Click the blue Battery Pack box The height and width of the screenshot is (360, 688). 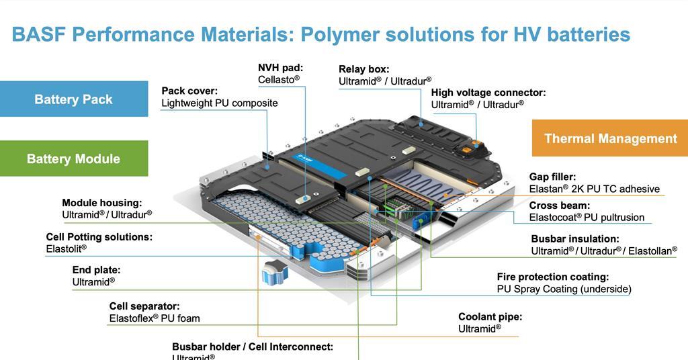74,99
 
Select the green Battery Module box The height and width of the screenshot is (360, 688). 74,159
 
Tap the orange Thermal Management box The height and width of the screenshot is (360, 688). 610,138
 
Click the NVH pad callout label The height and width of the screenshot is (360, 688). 280,68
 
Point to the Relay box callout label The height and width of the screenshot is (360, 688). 363,69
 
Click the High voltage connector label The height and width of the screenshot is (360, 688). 488,93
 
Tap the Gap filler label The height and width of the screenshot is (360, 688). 552,177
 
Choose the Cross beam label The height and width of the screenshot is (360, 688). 559,206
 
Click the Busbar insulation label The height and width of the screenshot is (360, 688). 574,238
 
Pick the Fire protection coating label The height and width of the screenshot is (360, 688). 552,277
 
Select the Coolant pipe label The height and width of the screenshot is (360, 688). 490,317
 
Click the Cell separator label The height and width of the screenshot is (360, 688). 144,306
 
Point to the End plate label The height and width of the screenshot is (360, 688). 96,270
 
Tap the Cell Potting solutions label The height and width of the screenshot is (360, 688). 99,237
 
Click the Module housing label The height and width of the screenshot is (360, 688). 101,203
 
